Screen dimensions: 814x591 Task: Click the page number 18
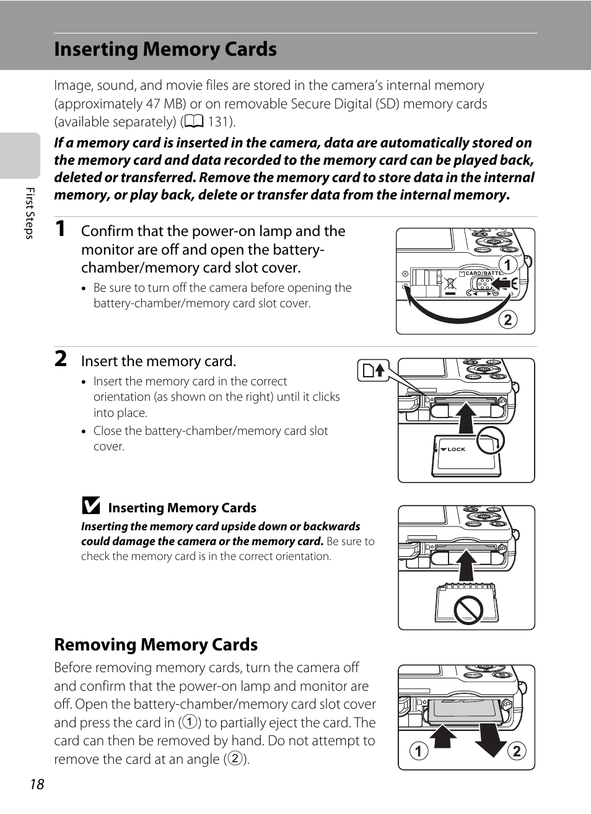[37, 784]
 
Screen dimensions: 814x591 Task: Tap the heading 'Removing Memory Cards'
[155, 645]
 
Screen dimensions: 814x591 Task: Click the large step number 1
[60, 229]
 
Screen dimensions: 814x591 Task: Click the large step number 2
[60, 359]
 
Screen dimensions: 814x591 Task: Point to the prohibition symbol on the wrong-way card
[468, 610]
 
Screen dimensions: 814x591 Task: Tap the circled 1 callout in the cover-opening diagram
[507, 265]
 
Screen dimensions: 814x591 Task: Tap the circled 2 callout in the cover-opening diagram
[507, 320]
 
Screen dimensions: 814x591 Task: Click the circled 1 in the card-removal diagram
[419, 751]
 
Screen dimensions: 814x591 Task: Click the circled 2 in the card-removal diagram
[516, 751]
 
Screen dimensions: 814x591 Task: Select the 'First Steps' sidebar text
[29, 212]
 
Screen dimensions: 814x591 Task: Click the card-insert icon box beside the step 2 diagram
[373, 370]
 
